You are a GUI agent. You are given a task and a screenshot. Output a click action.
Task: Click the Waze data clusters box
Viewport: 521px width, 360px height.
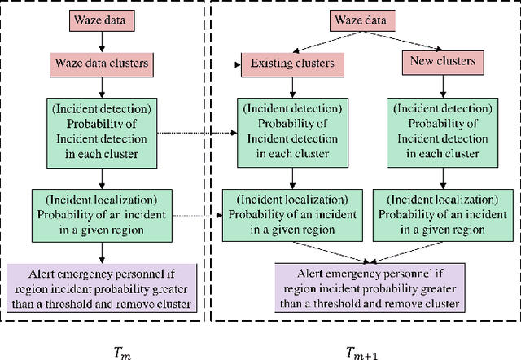pyautogui.click(x=99, y=60)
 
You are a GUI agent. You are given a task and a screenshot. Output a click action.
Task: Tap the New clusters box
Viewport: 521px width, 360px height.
pyautogui.click(x=438, y=60)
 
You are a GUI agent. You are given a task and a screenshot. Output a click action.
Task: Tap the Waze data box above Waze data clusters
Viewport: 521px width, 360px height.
pyautogui.click(x=99, y=17)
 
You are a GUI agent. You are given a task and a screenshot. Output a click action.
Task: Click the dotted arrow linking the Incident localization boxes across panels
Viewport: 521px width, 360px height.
pyautogui.click(x=195, y=215)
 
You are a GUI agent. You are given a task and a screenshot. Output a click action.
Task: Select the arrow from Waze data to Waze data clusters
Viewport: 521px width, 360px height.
pyautogui.click(x=99, y=38)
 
